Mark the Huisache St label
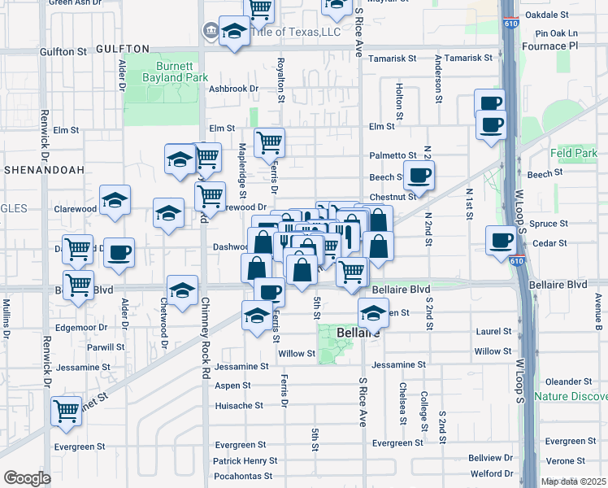pos(238,405)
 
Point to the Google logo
pos(26,477)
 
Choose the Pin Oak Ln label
pos(557,33)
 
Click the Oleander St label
pos(568,381)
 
